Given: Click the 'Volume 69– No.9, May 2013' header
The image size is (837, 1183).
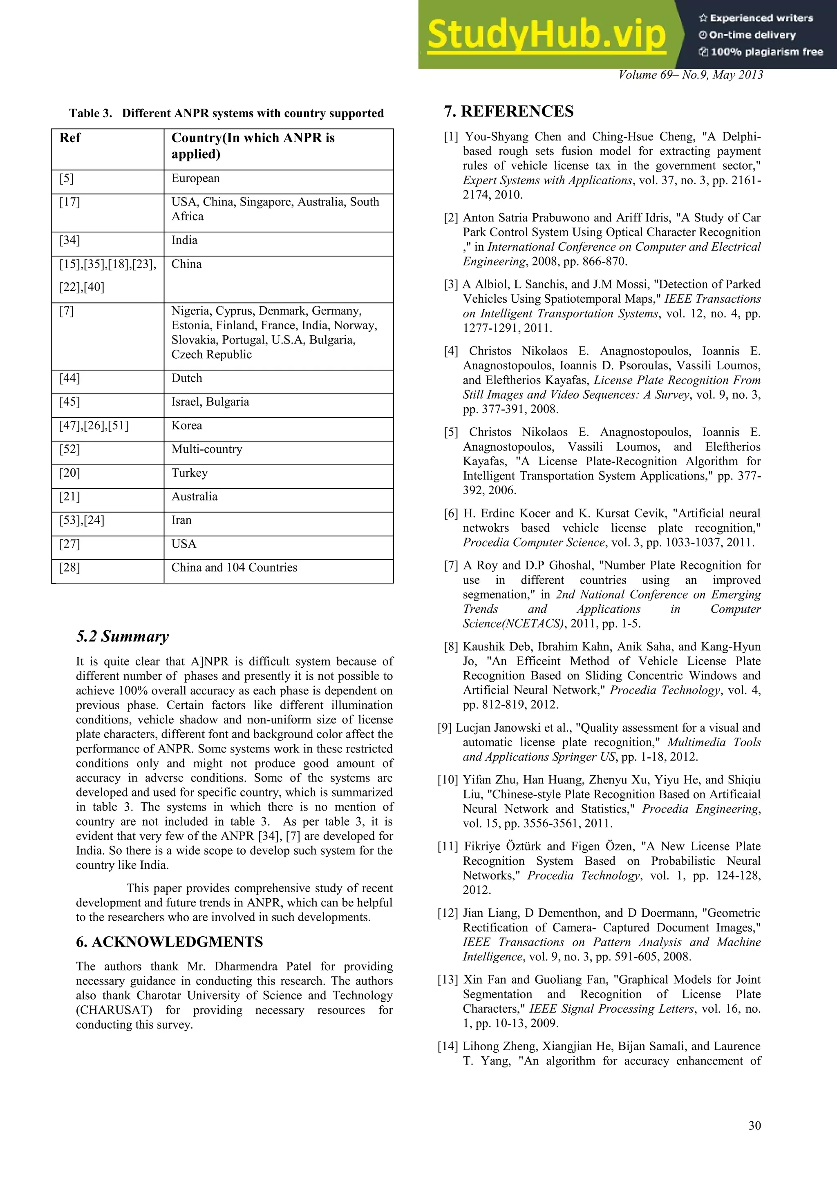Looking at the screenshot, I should pyautogui.click(x=690, y=75).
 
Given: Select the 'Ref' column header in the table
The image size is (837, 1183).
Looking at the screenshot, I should pyautogui.click(x=70, y=138).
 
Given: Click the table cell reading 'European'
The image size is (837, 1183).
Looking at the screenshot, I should pyautogui.click(x=195, y=179).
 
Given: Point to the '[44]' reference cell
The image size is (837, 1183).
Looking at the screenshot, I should pyautogui.click(x=69, y=378).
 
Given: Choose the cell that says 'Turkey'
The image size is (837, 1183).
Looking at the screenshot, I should pyautogui.click(x=190, y=473).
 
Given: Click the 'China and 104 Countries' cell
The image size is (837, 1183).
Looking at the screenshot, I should pyautogui.click(x=234, y=568).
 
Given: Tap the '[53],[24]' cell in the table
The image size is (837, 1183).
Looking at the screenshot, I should pyautogui.click(x=81, y=520).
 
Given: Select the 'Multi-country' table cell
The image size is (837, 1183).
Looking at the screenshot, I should pyautogui.click(x=207, y=449).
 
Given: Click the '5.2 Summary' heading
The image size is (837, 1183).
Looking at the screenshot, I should pyautogui.click(x=122, y=636).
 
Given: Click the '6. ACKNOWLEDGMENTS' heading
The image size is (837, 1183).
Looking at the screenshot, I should pyautogui.click(x=169, y=942).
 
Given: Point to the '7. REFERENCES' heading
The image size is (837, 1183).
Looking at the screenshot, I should pyautogui.click(x=509, y=111).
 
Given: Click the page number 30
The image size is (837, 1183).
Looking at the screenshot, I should pyautogui.click(x=754, y=1126).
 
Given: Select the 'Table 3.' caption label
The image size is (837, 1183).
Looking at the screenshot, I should pyautogui.click(x=91, y=113).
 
